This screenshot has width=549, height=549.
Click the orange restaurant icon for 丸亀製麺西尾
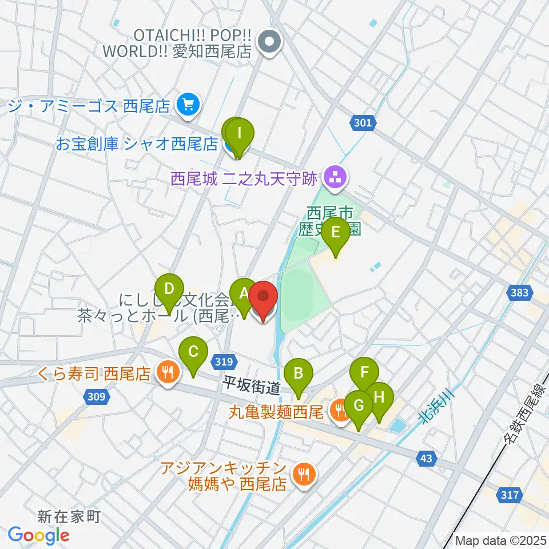pyautogui.click(x=340, y=411)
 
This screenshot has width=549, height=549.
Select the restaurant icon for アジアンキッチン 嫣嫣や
pyautogui.click(x=301, y=475)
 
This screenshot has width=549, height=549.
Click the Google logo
pyautogui.click(x=38, y=534)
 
